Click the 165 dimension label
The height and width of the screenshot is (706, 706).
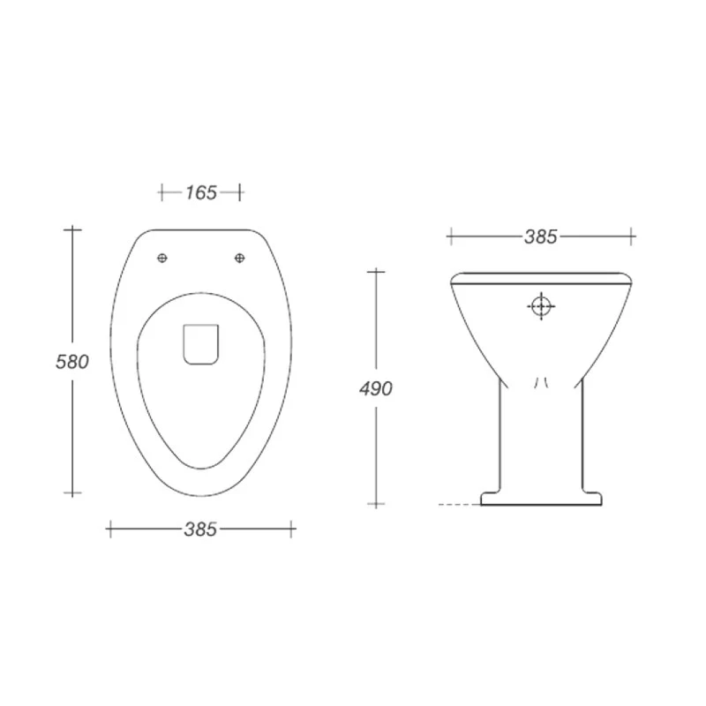[x=201, y=192]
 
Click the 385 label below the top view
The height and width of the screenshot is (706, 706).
[x=201, y=529]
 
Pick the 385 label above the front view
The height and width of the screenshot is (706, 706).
[x=541, y=237]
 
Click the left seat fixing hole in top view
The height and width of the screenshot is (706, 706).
[x=161, y=257]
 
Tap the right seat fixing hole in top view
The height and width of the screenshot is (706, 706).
[x=239, y=257]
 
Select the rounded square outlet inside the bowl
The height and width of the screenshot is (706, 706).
[x=200, y=343]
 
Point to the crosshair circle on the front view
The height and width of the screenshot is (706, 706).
[x=542, y=306]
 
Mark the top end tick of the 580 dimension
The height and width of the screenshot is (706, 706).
[x=71, y=229]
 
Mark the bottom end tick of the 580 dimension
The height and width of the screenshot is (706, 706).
[x=71, y=491]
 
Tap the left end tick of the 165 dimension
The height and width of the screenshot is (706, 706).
[x=161, y=192]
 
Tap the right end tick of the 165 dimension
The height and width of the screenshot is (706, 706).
[x=239, y=192]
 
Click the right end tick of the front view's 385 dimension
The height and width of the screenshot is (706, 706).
[x=632, y=236]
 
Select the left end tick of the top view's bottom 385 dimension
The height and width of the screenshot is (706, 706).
[x=109, y=529]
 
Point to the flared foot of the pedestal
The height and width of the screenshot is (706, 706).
[x=542, y=498]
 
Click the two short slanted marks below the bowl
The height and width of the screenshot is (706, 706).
[x=542, y=381]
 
